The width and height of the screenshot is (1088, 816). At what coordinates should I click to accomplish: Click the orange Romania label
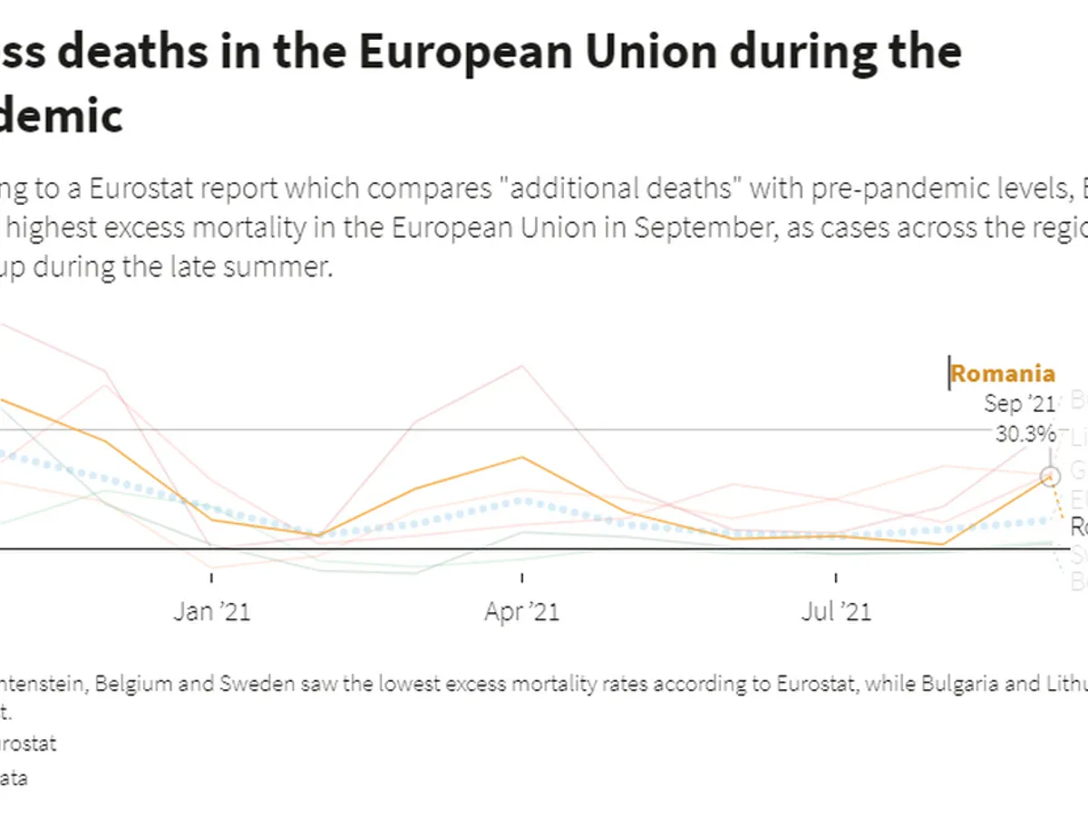(1002, 374)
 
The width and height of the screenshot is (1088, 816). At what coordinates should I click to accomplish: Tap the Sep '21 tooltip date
(1019, 403)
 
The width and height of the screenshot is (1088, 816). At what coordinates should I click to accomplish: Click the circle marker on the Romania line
(1050, 475)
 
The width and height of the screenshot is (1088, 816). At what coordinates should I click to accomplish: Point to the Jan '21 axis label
(212, 612)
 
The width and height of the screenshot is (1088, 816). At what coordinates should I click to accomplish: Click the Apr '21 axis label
(522, 612)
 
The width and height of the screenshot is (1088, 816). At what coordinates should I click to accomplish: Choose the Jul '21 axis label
(836, 612)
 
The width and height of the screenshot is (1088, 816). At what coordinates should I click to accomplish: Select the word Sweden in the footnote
(257, 684)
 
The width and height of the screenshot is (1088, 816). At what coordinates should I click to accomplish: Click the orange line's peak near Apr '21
(522, 457)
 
